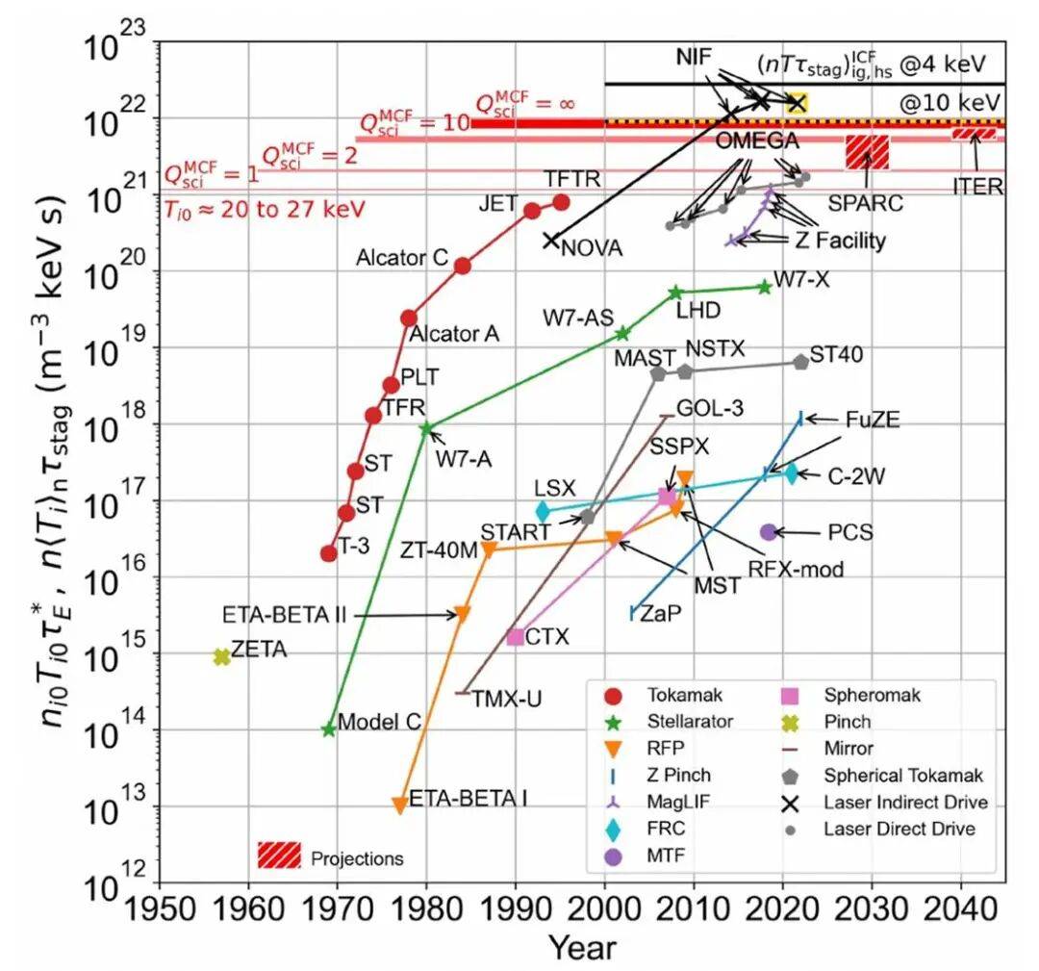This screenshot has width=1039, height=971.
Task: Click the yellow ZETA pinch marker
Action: click(222, 656)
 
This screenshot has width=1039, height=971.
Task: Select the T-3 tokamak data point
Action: click(329, 553)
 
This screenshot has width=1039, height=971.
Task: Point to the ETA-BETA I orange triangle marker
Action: click(399, 805)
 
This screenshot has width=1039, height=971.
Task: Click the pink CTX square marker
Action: click(516, 636)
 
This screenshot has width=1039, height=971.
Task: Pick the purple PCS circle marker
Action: click(768, 531)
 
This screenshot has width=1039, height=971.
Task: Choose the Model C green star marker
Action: click(329, 729)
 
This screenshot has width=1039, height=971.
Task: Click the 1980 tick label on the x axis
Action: click(426, 909)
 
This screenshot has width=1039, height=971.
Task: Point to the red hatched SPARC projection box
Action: click(866, 153)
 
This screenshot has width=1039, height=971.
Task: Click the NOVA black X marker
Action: click(551, 241)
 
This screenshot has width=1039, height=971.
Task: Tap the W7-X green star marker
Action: click(765, 286)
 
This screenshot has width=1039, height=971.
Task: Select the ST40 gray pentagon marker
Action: click(801, 362)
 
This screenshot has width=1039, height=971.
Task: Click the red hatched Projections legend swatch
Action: click(279, 854)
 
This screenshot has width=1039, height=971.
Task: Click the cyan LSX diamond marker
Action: click(543, 512)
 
